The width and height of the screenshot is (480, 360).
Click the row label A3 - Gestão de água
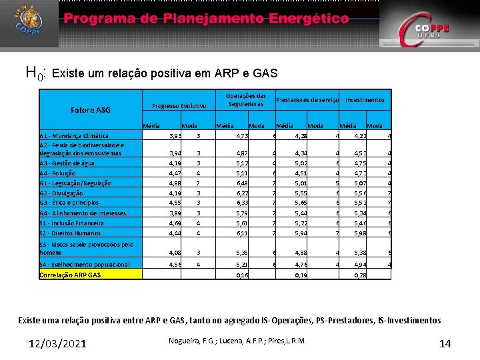[67, 163]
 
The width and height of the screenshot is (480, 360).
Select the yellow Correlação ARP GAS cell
[90, 275]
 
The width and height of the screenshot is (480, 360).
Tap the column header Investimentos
[365, 100]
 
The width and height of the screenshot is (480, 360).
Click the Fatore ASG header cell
[91, 110]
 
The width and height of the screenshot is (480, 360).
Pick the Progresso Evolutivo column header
[179, 106]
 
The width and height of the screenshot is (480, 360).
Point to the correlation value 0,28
[360, 275]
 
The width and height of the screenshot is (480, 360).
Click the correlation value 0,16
[242, 275]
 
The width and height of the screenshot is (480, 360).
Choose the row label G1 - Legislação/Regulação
[75, 183]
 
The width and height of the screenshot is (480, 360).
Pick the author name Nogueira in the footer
[185, 341]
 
